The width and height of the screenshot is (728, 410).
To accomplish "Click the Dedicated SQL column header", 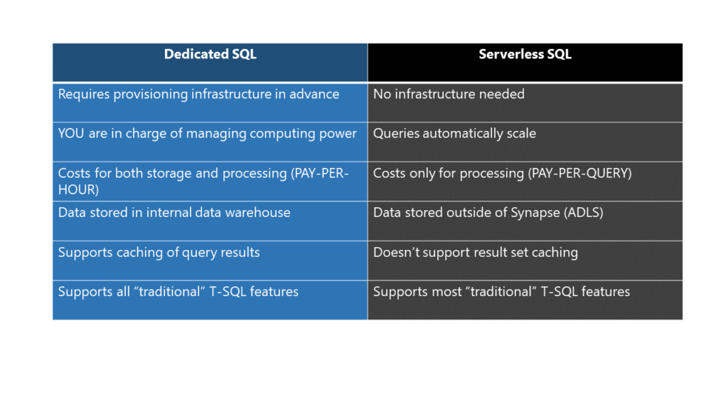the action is (x=210, y=63).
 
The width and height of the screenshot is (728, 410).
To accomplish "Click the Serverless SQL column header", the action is (x=525, y=63).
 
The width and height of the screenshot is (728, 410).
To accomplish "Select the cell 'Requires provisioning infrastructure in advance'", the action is (x=210, y=102).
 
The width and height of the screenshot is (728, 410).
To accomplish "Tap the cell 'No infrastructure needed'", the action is (x=525, y=102).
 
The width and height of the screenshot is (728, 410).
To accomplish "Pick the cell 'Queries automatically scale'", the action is (x=525, y=142).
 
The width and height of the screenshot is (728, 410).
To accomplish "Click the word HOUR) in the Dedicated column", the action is (x=78, y=189).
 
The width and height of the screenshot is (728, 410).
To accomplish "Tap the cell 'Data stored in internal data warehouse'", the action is (x=210, y=221).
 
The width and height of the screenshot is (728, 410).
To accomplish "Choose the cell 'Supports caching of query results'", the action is (x=210, y=261).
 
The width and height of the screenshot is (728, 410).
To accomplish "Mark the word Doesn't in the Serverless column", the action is (x=390, y=253).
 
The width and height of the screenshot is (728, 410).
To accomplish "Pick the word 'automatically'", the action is (x=463, y=134).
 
